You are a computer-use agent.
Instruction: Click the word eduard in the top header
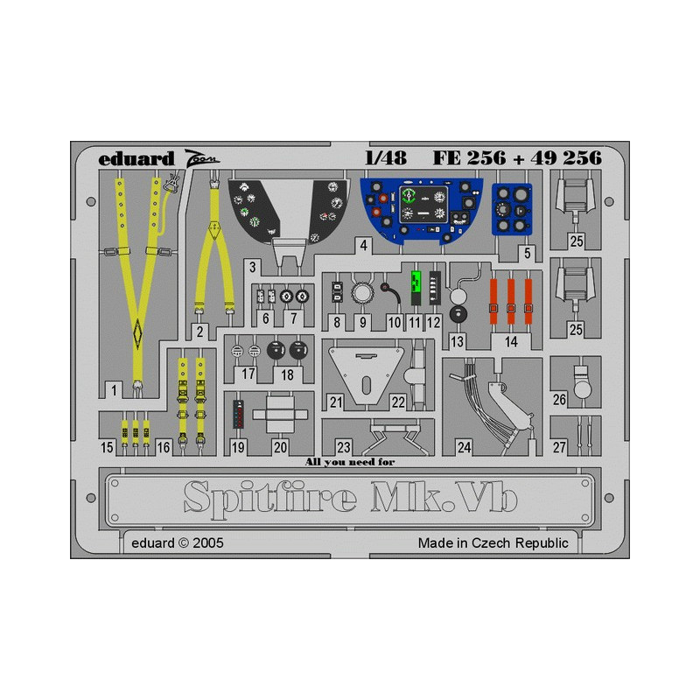[x=136, y=159]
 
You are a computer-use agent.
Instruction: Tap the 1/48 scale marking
[x=386, y=157]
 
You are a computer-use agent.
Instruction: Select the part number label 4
[x=364, y=245]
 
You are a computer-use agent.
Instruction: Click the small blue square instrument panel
[x=512, y=209]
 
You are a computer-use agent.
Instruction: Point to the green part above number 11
[x=416, y=288]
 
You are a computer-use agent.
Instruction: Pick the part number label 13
[x=457, y=342]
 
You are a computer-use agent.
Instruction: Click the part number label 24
[x=465, y=447]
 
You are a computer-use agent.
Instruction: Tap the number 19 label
[x=238, y=447]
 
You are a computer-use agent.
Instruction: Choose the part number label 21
[x=336, y=402]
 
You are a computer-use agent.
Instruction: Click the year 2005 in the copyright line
[x=208, y=542]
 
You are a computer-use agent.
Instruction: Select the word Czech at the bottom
[x=491, y=542]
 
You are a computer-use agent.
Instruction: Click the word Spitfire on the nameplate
[x=270, y=498]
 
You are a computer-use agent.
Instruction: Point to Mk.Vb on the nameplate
[x=444, y=496]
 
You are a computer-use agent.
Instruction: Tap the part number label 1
[x=115, y=390]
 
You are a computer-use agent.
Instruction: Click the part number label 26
[x=559, y=400]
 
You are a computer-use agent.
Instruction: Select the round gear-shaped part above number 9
[x=362, y=293]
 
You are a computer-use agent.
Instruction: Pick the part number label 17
[x=248, y=374]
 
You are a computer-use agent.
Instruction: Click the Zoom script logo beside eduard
[x=202, y=158]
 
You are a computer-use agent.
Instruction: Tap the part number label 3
[x=253, y=268]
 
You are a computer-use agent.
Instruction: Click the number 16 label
[x=164, y=447]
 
